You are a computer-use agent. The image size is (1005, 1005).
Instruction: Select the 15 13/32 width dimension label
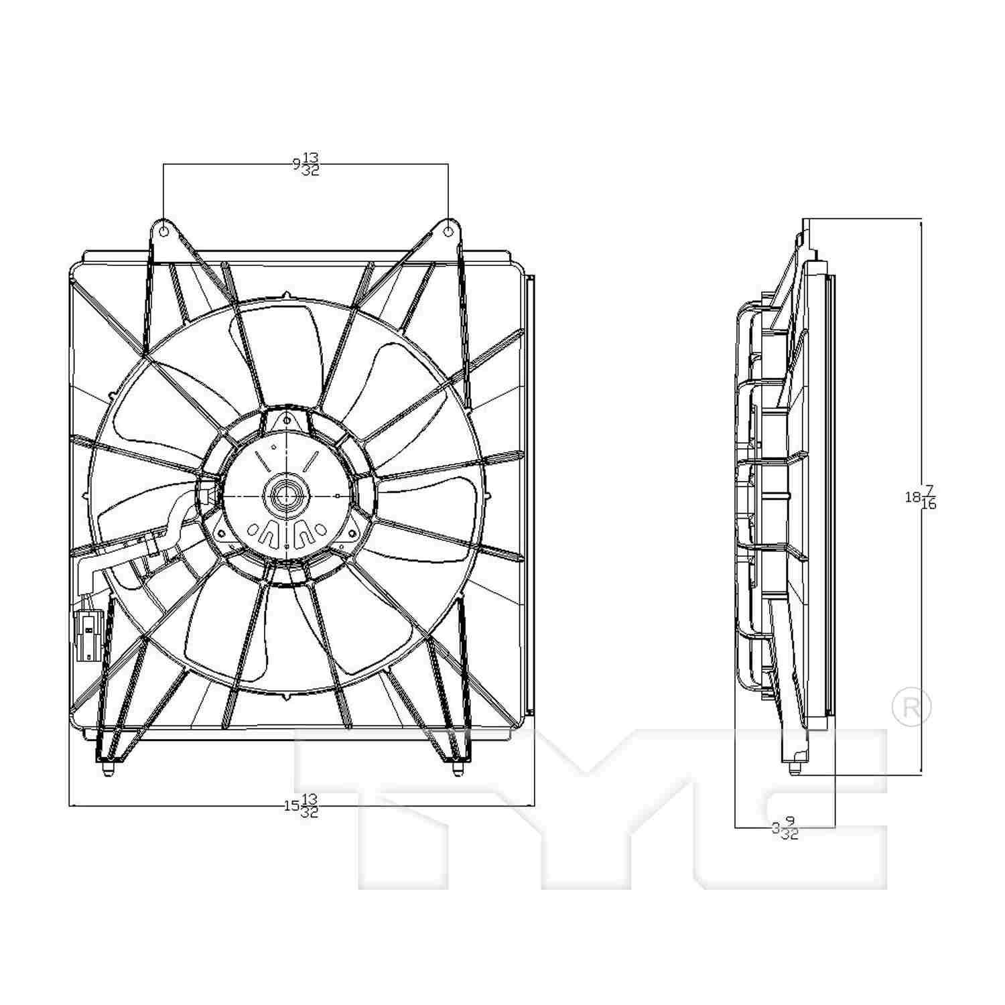[301, 805]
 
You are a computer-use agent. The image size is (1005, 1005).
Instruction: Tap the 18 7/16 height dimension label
[921, 497]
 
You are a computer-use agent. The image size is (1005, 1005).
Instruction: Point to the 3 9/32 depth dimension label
[785, 829]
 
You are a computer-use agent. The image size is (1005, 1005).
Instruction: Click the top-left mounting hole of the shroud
[163, 231]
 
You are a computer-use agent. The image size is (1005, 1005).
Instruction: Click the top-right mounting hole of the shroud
[448, 231]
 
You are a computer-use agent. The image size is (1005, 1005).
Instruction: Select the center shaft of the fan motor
[287, 496]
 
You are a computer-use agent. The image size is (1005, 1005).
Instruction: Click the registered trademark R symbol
[912, 708]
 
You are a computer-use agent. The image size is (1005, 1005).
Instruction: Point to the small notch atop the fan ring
[287, 295]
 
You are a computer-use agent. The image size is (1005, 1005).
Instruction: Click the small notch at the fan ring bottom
[287, 697]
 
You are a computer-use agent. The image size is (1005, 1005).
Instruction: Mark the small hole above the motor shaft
[287, 420]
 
